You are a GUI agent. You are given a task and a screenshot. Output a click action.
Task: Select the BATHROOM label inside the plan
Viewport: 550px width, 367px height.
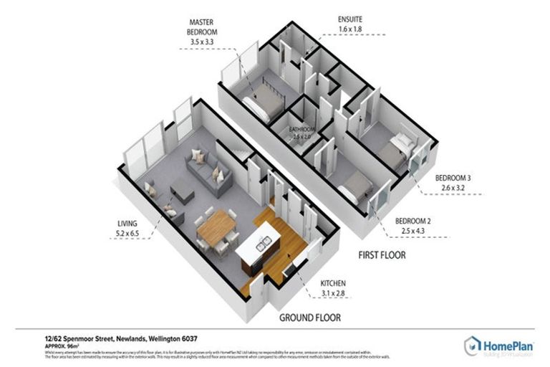pos(302,130)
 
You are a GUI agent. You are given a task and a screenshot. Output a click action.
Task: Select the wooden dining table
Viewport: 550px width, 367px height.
pos(217,229)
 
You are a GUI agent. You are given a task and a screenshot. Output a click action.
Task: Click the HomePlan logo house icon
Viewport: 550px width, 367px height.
pos(472,345)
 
